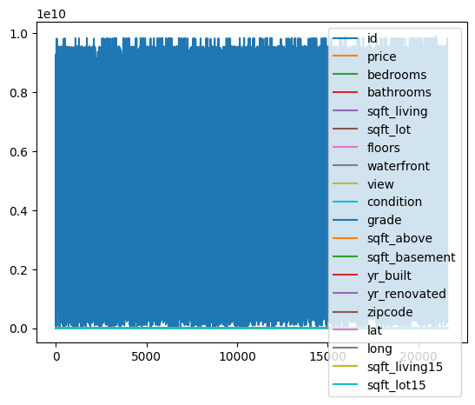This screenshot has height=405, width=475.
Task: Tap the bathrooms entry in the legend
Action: pyautogui.click(x=399, y=93)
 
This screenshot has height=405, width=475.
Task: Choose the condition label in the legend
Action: pyautogui.click(x=394, y=202)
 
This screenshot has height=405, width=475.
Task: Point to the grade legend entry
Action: pyautogui.click(x=384, y=221)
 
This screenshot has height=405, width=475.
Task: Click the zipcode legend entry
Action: pyautogui.click(x=392, y=312)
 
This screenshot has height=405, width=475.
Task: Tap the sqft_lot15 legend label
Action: pyautogui.click(x=399, y=385)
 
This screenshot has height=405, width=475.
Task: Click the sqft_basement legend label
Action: pyautogui.click(x=411, y=257)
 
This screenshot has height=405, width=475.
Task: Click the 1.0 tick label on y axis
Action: pyautogui.click(x=25, y=33)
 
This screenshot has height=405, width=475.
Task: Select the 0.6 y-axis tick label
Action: pyautogui.click(x=25, y=151)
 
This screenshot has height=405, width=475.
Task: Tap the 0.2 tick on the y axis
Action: pyautogui.click(x=25, y=269)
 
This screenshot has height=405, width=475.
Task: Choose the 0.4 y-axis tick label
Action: pyautogui.click(x=25, y=210)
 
